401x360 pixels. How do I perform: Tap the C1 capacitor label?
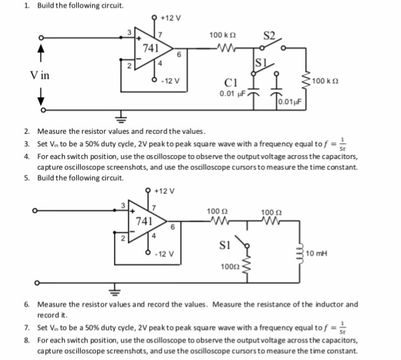[x=230, y=83]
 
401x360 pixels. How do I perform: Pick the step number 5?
[x=26, y=178]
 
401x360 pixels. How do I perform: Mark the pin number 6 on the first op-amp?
[x=180, y=55]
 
